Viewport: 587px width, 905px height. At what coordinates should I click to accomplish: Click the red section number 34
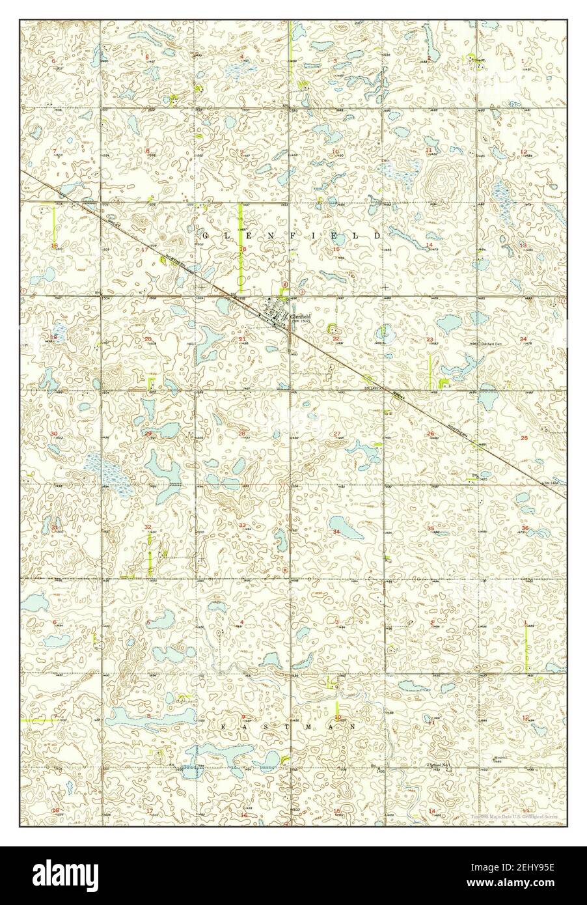336,532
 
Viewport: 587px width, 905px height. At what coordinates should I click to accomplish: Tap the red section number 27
336,434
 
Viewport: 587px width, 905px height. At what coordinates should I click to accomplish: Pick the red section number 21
242,339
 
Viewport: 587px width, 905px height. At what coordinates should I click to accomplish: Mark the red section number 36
525,527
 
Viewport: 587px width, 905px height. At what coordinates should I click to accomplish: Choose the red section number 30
54,434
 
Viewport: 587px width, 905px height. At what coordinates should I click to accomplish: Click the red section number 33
242,525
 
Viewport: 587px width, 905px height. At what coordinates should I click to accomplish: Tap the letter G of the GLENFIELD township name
206,234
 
